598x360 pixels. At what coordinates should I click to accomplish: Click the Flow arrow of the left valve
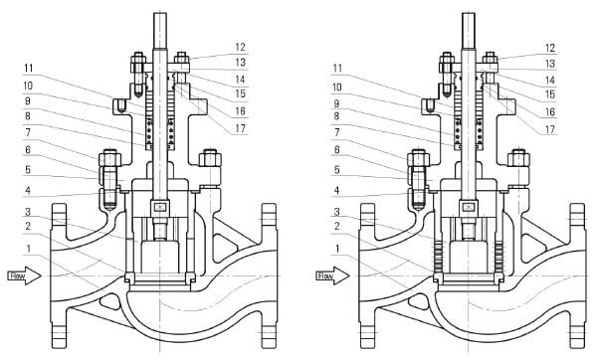click(25, 275)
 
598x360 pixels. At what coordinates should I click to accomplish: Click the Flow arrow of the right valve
click(333, 275)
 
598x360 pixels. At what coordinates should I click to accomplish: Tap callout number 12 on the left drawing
click(240, 48)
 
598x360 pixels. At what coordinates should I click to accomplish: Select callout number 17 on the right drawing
click(549, 129)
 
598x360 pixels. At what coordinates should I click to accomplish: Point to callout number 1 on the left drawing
click(28, 249)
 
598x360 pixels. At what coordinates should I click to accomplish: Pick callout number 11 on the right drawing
click(337, 69)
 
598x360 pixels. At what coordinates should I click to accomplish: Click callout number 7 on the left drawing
click(28, 132)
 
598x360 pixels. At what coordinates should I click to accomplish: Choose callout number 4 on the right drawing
click(336, 190)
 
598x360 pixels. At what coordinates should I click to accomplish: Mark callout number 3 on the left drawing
click(28, 211)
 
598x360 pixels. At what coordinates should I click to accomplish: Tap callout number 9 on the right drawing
click(336, 103)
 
